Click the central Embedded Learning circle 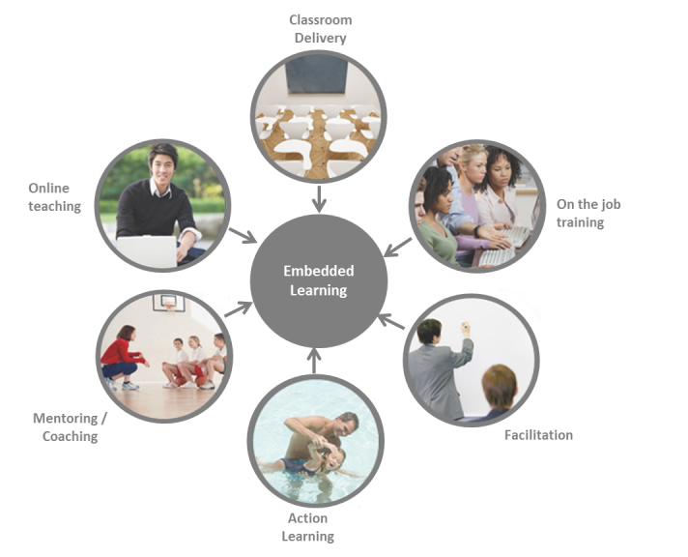click(319, 280)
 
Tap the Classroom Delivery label click(320, 29)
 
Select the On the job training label click(580, 213)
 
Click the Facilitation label click(538, 435)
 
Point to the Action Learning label click(307, 527)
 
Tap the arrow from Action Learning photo click(313, 360)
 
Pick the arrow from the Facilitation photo click(388, 321)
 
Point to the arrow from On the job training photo click(396, 249)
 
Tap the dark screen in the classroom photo click(318, 73)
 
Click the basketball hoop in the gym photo click(170, 302)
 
